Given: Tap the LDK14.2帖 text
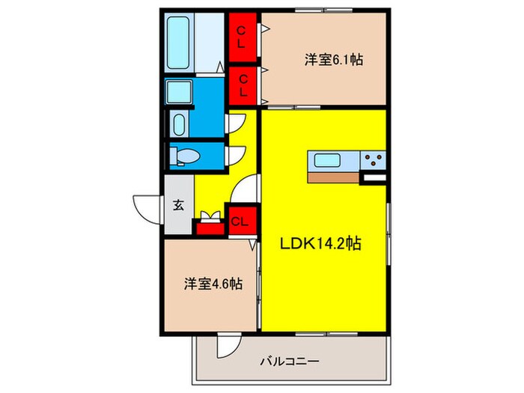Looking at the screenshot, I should (x=322, y=244).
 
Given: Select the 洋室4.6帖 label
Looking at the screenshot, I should (x=213, y=284).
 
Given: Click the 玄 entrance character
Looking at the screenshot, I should (x=179, y=205).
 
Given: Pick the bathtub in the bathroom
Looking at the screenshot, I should (x=180, y=43).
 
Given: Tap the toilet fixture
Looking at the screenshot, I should (x=183, y=156).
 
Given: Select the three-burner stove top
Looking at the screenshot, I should (x=374, y=160).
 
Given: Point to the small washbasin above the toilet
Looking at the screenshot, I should (x=180, y=124).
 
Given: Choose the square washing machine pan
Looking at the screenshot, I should (x=180, y=94).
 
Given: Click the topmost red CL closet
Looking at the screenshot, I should (x=242, y=36).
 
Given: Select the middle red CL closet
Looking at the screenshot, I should (x=242, y=85).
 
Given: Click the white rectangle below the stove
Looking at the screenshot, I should (x=373, y=178).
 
